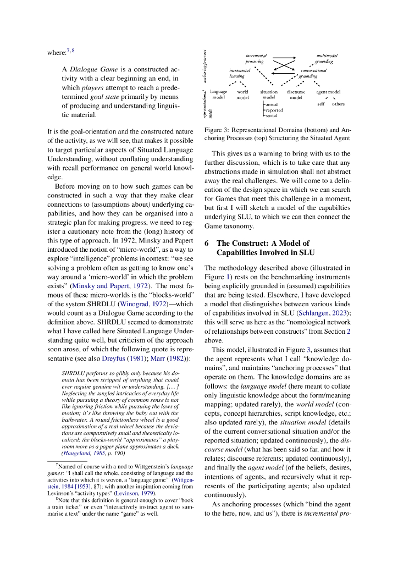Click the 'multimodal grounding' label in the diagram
point(327,59)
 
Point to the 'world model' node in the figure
point(242,95)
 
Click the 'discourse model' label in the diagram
point(296,95)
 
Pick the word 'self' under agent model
point(321,103)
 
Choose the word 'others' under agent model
point(338,103)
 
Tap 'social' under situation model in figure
point(271,116)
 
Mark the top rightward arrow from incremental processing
point(284,58)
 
